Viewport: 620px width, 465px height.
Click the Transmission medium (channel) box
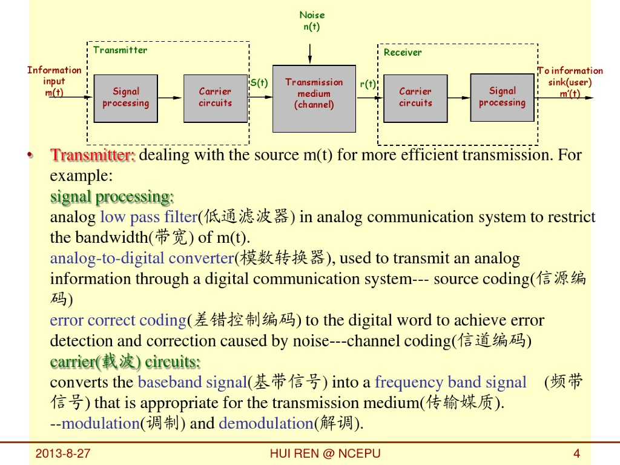[314, 99]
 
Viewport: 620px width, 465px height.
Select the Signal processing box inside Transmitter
[125, 98]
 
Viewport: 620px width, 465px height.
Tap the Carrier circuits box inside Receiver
[415, 98]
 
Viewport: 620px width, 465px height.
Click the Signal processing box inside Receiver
[502, 97]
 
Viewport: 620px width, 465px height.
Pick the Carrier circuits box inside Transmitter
[215, 98]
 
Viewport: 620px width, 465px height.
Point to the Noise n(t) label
[312, 21]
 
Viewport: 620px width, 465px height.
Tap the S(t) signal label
[259, 83]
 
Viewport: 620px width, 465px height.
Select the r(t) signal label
[368, 84]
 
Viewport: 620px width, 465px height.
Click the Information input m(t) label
[54, 81]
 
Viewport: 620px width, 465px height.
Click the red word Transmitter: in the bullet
[93, 155]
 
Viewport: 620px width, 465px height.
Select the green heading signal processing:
[112, 197]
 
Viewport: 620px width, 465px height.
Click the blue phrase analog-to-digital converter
[142, 259]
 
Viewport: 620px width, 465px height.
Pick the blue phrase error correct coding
[117, 320]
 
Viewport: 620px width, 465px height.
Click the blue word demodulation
[265, 423]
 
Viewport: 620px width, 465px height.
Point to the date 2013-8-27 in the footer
[63, 453]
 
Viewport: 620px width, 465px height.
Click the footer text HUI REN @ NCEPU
[325, 453]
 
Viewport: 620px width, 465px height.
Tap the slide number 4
[576, 453]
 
